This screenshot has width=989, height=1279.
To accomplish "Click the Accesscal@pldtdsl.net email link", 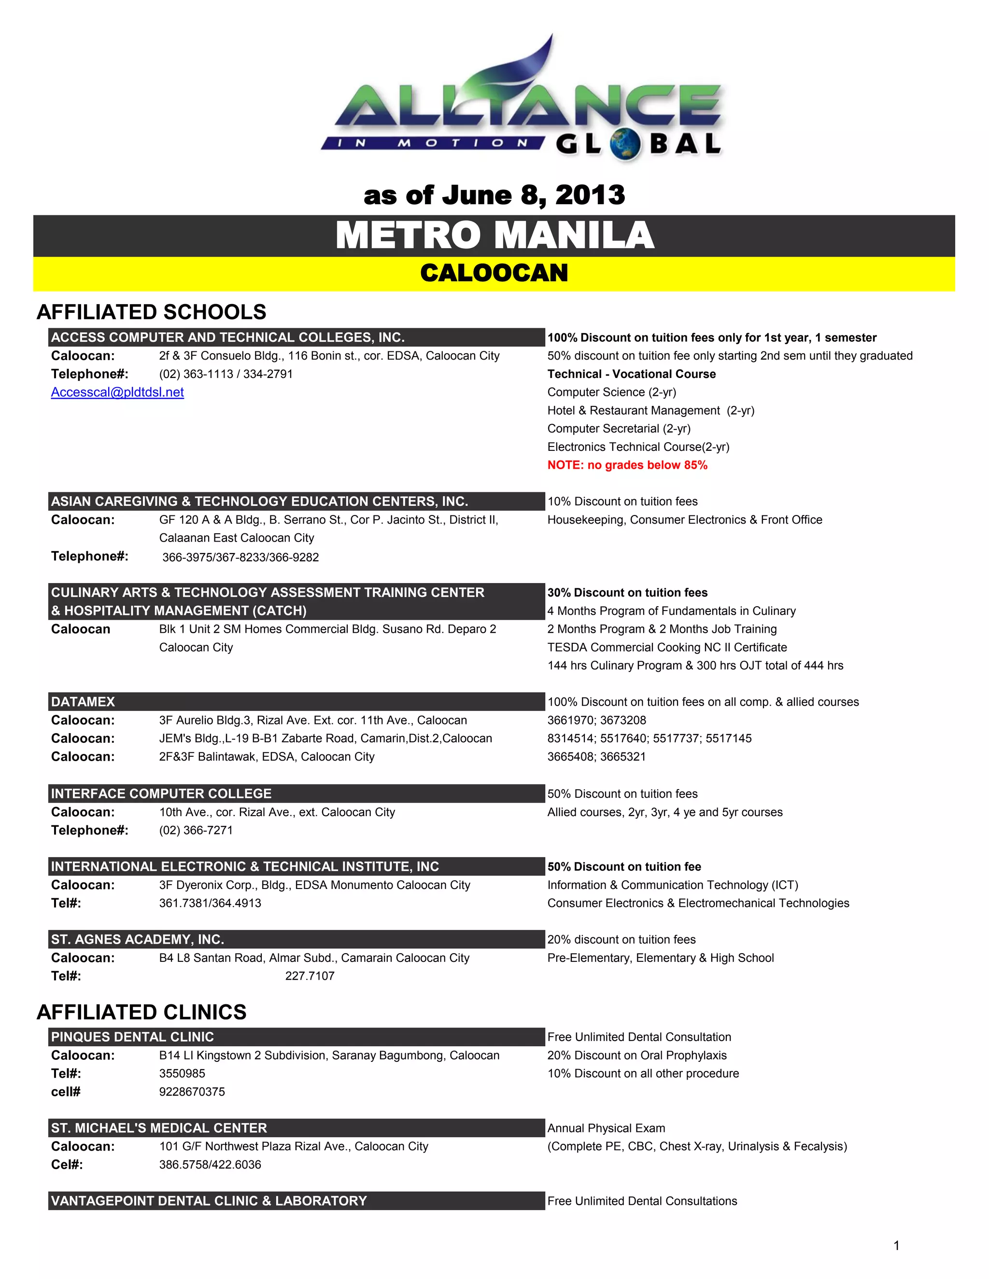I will click(117, 392).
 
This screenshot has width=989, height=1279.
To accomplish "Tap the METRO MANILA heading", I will click(494, 236).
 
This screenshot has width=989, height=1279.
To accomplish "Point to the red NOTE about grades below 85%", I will click(627, 465).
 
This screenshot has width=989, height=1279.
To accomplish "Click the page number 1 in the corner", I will click(896, 1246).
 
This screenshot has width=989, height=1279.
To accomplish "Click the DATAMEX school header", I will click(83, 702).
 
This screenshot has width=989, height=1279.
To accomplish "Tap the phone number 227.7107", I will click(310, 975).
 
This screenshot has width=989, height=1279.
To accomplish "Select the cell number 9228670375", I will click(192, 1092).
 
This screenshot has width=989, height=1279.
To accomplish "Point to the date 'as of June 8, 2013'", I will click(494, 195).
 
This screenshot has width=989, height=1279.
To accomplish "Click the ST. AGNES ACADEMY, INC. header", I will click(138, 939).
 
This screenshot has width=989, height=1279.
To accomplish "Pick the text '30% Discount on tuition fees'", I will click(627, 593).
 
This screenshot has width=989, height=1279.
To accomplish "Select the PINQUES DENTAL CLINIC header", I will click(132, 1037).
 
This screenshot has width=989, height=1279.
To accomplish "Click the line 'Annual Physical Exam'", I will click(606, 1128).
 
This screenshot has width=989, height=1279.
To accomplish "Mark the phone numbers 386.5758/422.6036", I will click(210, 1164).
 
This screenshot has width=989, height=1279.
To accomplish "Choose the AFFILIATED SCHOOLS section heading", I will click(151, 312).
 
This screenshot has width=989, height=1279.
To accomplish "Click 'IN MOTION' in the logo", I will click(432, 143).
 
